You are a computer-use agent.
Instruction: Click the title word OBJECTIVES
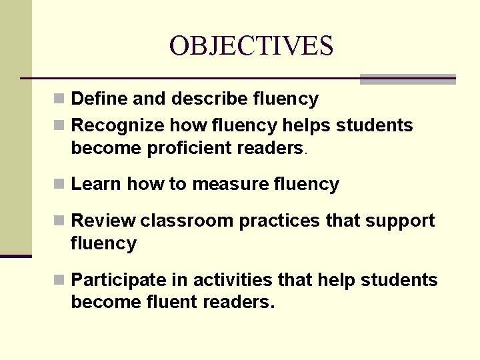(x=251, y=46)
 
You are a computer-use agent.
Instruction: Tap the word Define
(x=99, y=99)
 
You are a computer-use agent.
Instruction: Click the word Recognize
(x=117, y=125)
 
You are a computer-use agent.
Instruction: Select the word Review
(x=103, y=221)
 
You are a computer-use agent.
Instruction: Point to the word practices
(x=281, y=221)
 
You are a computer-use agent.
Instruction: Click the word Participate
(x=121, y=280)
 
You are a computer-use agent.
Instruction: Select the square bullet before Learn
(x=59, y=185)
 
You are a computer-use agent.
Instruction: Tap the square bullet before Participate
(x=59, y=281)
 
